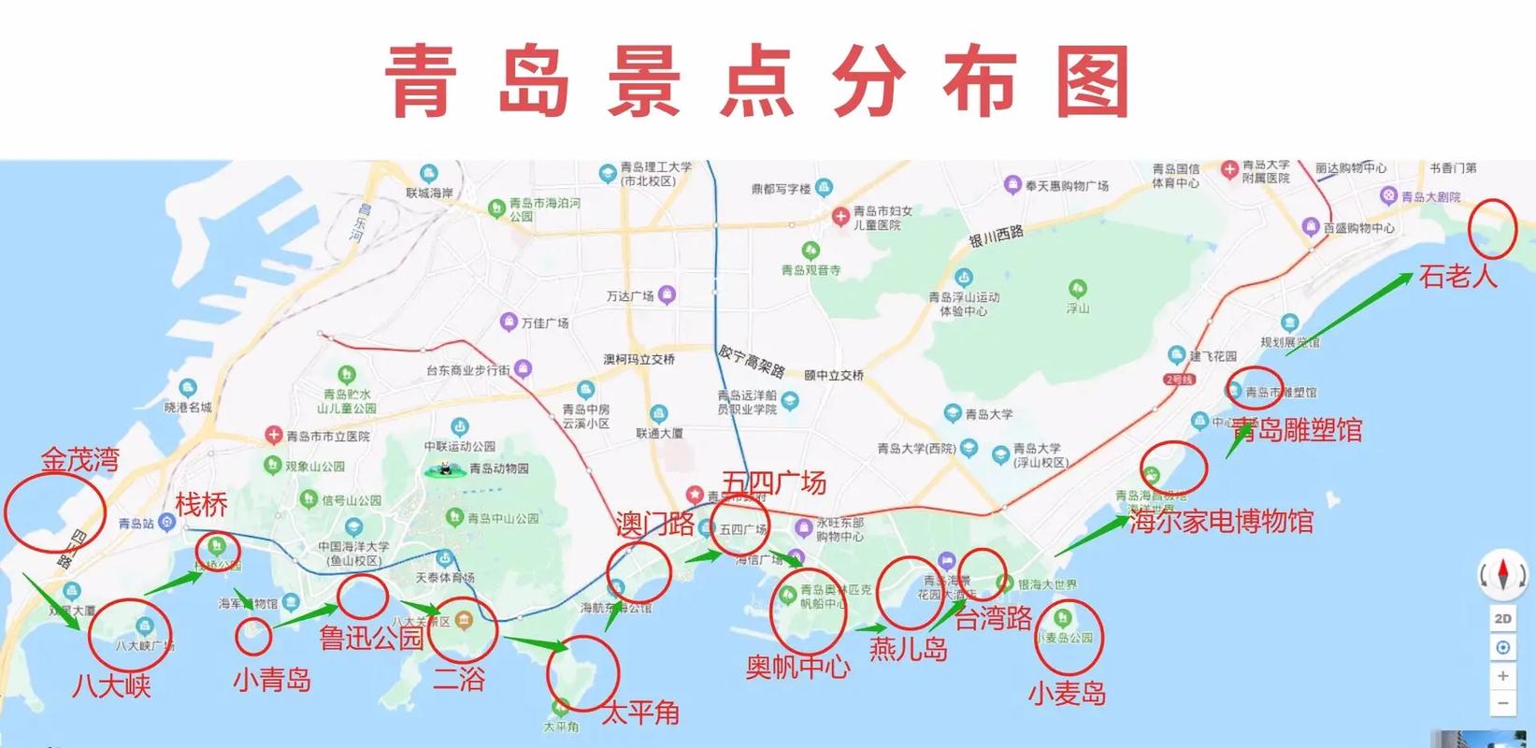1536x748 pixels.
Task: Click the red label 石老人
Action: point(1457,276)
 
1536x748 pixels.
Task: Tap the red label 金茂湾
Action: point(80,459)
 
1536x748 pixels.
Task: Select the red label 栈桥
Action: point(201,505)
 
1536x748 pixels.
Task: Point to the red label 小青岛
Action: point(272,679)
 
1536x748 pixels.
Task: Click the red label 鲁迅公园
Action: point(371,639)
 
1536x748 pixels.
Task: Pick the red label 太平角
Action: point(640,712)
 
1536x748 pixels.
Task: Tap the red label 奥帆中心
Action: point(797,667)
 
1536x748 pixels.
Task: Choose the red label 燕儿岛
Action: point(909,648)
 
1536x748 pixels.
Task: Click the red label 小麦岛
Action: point(1067,693)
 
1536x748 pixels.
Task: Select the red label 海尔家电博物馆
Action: point(1221,521)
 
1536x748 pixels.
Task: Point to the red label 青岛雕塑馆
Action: point(1297,430)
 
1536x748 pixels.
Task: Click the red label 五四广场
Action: point(774,482)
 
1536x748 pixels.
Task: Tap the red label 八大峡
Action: point(111,685)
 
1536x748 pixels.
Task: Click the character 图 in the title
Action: point(1093,83)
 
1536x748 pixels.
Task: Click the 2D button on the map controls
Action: point(1502,618)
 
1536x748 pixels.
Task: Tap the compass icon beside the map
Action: point(1502,574)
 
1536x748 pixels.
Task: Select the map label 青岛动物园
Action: point(498,468)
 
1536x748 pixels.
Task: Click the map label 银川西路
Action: point(996,237)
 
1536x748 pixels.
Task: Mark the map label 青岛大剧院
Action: point(1429,197)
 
